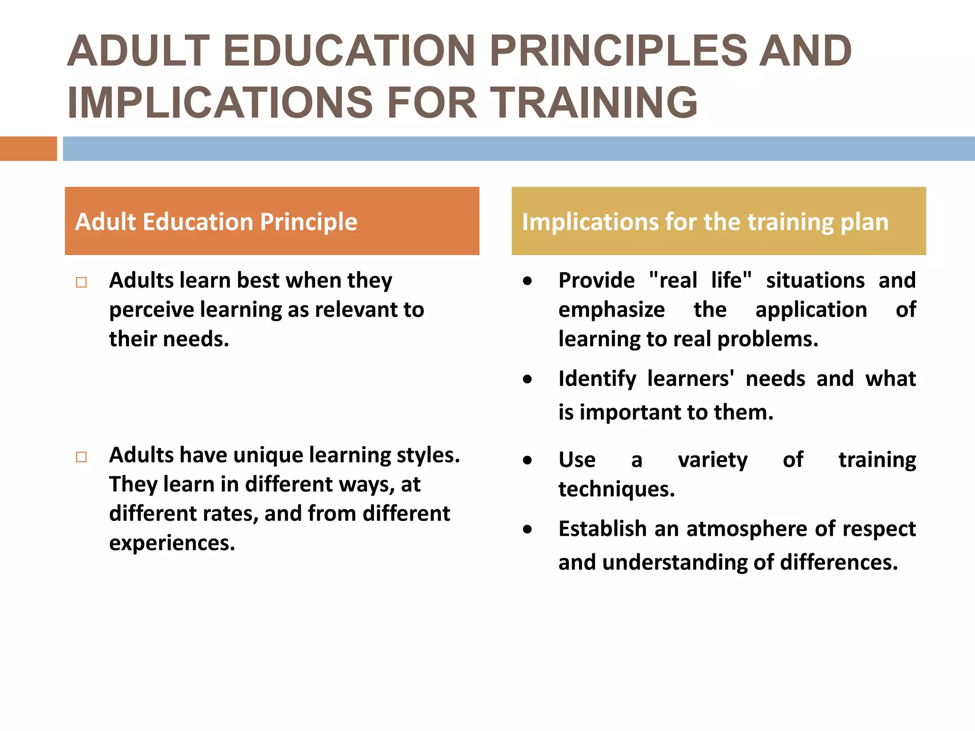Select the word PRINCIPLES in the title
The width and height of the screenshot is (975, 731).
tap(618, 51)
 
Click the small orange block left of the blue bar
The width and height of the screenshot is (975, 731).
tap(28, 148)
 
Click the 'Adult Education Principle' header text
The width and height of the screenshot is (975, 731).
tap(216, 222)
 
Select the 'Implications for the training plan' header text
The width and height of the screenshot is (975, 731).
tap(705, 222)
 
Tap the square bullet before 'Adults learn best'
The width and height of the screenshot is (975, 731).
tap(81, 282)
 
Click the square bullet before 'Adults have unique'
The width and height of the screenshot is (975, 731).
tap(81, 457)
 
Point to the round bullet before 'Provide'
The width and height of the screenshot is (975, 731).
tap(527, 281)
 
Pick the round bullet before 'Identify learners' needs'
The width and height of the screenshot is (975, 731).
tap(527, 379)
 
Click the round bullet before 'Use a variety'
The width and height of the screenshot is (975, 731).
tap(527, 460)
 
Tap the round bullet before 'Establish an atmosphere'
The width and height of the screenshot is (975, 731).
tap(527, 529)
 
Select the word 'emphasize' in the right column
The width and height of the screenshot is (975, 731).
tap(611, 310)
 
